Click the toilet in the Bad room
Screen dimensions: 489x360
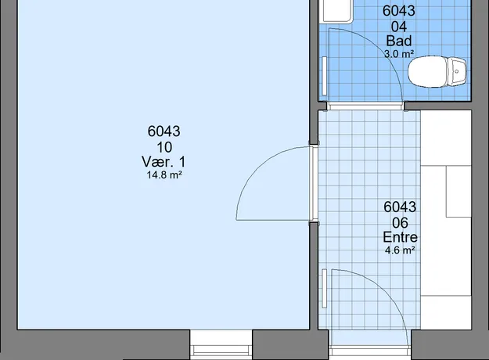pyautogui.click(x=437, y=71)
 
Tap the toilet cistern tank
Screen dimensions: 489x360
pyautogui.click(x=457, y=71)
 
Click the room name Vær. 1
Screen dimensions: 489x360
pyautogui.click(x=164, y=162)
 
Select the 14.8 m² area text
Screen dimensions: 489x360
pyautogui.click(x=164, y=175)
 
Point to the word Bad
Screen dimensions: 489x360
pyautogui.click(x=399, y=41)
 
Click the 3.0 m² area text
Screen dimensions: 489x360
pyautogui.click(x=399, y=54)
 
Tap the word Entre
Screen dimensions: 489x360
pyautogui.click(x=400, y=237)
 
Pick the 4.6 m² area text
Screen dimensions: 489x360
pyautogui.click(x=400, y=250)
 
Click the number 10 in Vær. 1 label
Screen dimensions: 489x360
pyautogui.click(x=164, y=147)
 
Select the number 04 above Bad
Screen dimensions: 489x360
pyautogui.click(x=399, y=27)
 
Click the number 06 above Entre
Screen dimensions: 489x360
pyautogui.click(x=400, y=223)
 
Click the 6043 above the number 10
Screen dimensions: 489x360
pyautogui.click(x=164, y=131)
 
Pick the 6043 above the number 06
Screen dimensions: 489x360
pyautogui.click(x=400, y=207)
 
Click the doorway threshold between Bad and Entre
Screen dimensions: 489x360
pyautogui.click(x=365, y=106)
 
